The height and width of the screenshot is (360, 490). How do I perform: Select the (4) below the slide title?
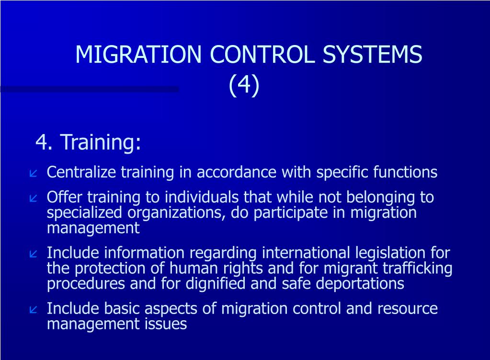coord(244,85)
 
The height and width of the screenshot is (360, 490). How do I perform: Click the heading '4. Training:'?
coord(88,142)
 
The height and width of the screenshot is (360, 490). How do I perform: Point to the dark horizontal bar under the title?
coord(90,89)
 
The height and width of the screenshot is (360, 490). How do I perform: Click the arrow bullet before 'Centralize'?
coord(34,173)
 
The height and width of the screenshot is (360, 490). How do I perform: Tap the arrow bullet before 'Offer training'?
coord(34,198)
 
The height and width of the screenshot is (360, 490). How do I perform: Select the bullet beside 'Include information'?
coord(34,253)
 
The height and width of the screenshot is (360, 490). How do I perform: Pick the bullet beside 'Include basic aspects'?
coord(34,309)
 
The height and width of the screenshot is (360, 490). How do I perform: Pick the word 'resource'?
coord(407,308)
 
